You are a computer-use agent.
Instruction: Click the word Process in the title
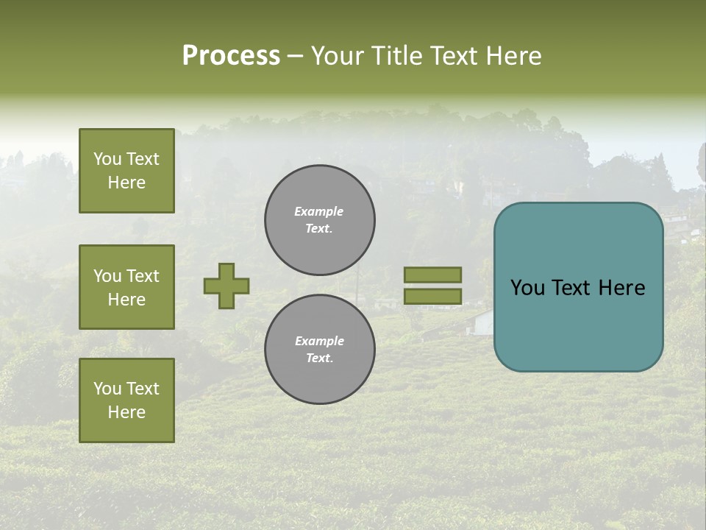(x=231, y=56)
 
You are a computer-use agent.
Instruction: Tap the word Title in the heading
(x=396, y=56)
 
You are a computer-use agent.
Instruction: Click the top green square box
(x=126, y=171)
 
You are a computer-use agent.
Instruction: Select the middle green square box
(x=126, y=287)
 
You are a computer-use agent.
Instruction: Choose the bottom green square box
(x=126, y=400)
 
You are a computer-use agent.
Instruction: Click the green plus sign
(x=227, y=286)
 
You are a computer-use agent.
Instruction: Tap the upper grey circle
(x=320, y=220)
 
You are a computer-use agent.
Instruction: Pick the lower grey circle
(x=320, y=350)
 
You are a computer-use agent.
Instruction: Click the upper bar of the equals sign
(x=433, y=275)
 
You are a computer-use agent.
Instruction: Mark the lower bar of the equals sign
(x=433, y=296)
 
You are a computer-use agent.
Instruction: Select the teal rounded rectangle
(x=578, y=287)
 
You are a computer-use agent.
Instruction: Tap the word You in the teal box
(x=527, y=288)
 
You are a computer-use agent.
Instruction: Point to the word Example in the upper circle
(x=319, y=211)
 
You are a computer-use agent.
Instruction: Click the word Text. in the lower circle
(x=320, y=358)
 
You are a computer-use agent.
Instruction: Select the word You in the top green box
(x=107, y=159)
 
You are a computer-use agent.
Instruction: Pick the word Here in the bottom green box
(x=126, y=412)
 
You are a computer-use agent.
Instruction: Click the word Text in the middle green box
(x=143, y=276)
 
